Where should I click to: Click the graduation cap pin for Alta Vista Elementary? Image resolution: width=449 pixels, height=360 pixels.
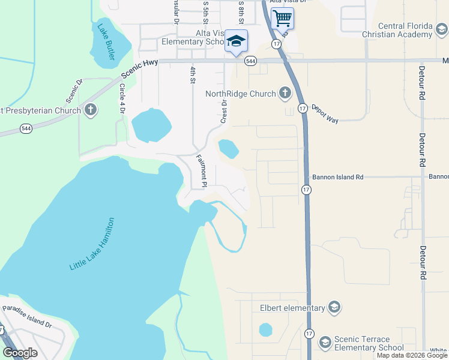236,41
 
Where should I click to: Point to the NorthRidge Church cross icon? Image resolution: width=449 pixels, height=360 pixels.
285,93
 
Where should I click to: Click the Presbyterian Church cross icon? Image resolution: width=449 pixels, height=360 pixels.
90,110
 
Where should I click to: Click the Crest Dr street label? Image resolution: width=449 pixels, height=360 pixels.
224,112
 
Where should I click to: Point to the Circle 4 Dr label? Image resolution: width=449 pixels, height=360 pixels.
122,98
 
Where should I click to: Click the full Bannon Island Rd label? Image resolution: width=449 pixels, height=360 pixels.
338,177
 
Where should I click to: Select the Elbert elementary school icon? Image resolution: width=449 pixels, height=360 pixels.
334,308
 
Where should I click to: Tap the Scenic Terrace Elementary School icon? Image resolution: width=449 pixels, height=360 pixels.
325,343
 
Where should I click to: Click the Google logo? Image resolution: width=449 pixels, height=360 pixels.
20,353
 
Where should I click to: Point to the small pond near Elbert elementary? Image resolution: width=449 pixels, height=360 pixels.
265,329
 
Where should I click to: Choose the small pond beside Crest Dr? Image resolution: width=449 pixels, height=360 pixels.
227,148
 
